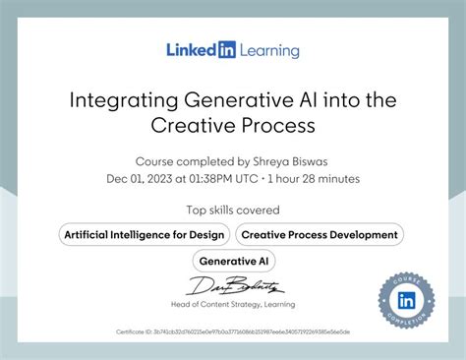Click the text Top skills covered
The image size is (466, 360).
coord(233,210)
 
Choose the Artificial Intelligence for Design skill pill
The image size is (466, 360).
coord(146,234)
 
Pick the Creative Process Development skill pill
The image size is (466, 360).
coord(320,234)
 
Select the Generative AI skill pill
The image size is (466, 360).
coord(233,261)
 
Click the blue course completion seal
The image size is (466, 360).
coord(407,300)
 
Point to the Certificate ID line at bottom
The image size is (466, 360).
coord(233,331)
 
